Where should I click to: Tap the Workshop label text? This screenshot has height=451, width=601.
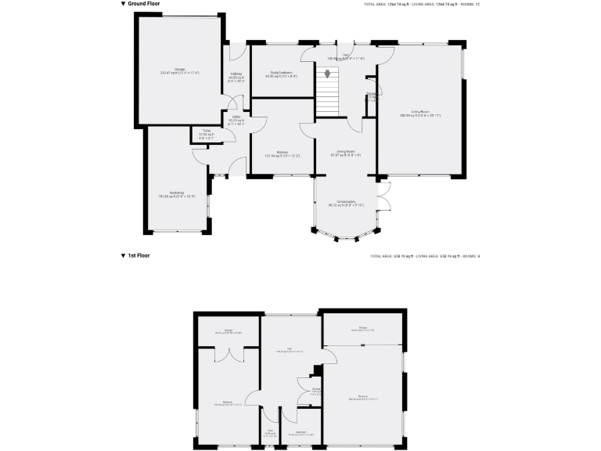(176, 194)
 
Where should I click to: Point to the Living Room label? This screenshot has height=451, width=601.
(420, 114)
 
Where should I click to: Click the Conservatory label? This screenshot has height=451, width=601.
(344, 204)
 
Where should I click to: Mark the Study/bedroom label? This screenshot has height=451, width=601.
(281, 74)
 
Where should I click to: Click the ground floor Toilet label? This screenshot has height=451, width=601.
(206, 132)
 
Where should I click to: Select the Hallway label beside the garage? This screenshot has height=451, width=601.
(236, 76)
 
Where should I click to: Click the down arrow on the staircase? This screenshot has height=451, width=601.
(327, 75)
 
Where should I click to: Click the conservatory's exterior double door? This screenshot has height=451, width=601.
(384, 195)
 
